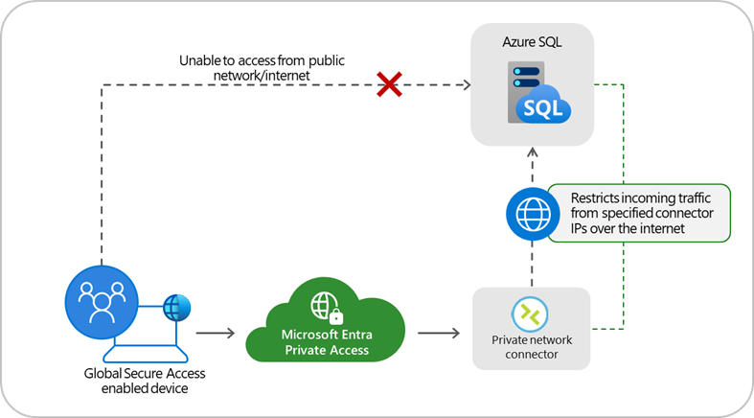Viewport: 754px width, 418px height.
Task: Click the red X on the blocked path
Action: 388,85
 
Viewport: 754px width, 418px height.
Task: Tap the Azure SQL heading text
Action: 532,45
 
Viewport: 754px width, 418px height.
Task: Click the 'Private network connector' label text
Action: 530,346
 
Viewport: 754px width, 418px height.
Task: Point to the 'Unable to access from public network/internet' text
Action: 262,67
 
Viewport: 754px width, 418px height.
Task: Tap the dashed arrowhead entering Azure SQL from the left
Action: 467,85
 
